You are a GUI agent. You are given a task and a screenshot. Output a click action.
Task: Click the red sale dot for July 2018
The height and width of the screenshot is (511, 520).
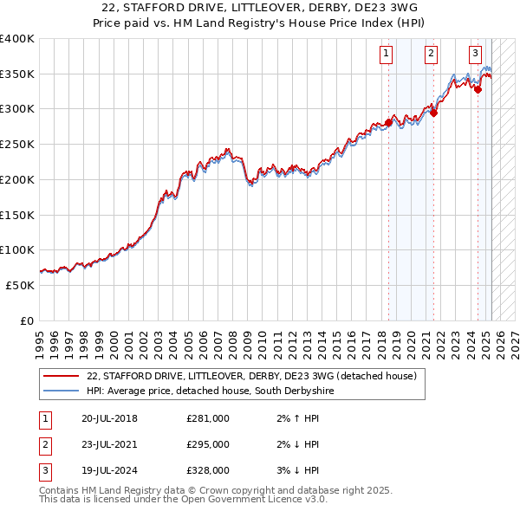pos(388,123)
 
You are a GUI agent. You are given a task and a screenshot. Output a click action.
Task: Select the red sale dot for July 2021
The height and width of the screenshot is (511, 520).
pos(434,112)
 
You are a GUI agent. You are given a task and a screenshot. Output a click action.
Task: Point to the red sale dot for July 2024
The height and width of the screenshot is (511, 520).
pos(478,88)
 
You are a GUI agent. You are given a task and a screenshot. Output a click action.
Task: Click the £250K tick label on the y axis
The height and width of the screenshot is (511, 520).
pos(17,144)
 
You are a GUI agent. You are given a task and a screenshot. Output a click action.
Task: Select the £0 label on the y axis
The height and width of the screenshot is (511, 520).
pos(27,320)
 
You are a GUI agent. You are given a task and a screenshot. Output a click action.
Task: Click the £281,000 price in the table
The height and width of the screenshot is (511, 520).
pos(208,418)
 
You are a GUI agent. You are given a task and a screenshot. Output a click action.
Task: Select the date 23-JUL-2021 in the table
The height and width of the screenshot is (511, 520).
pos(109,444)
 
